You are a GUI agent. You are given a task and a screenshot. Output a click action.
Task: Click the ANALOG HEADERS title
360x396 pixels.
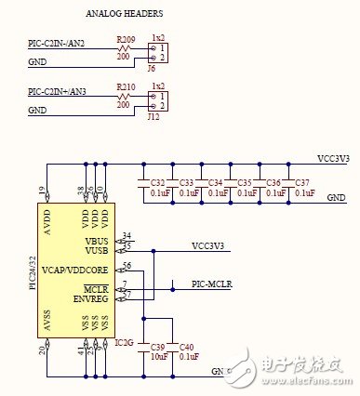125,15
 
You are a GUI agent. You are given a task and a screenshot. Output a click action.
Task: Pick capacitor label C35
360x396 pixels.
246,182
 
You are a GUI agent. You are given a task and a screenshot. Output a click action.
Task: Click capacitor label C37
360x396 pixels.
303,182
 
